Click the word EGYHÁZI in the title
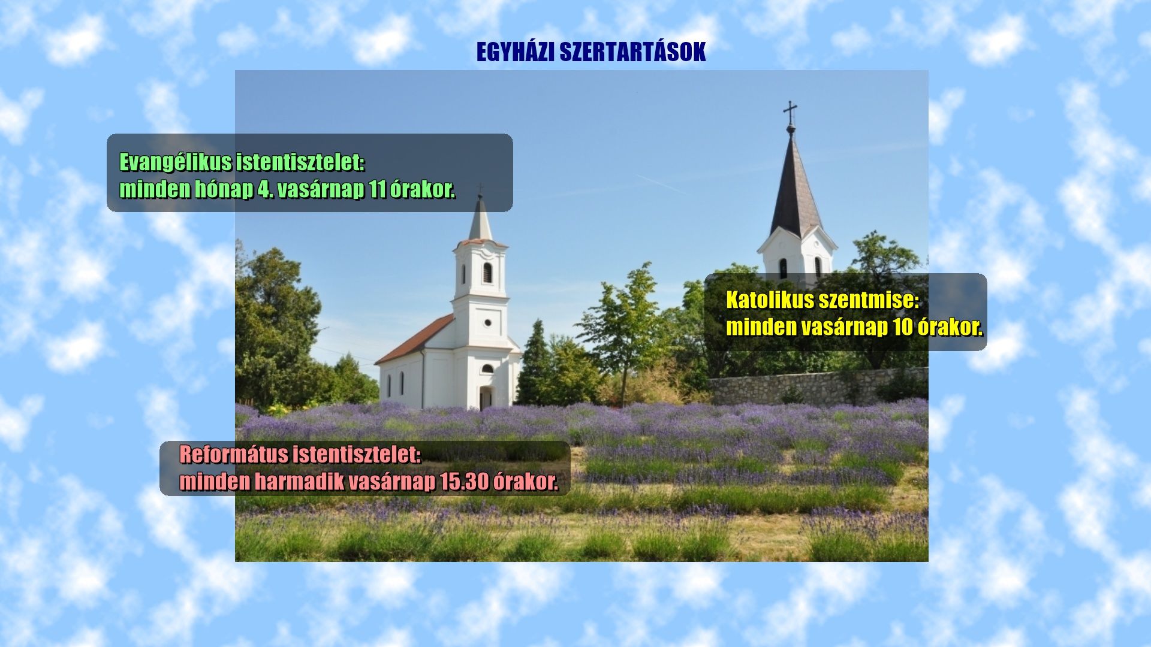click(515, 52)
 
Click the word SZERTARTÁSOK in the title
click(632, 52)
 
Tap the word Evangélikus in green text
click(176, 162)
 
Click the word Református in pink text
click(234, 455)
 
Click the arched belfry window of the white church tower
click(487, 273)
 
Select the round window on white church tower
click(487, 323)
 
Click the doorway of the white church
click(486, 398)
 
